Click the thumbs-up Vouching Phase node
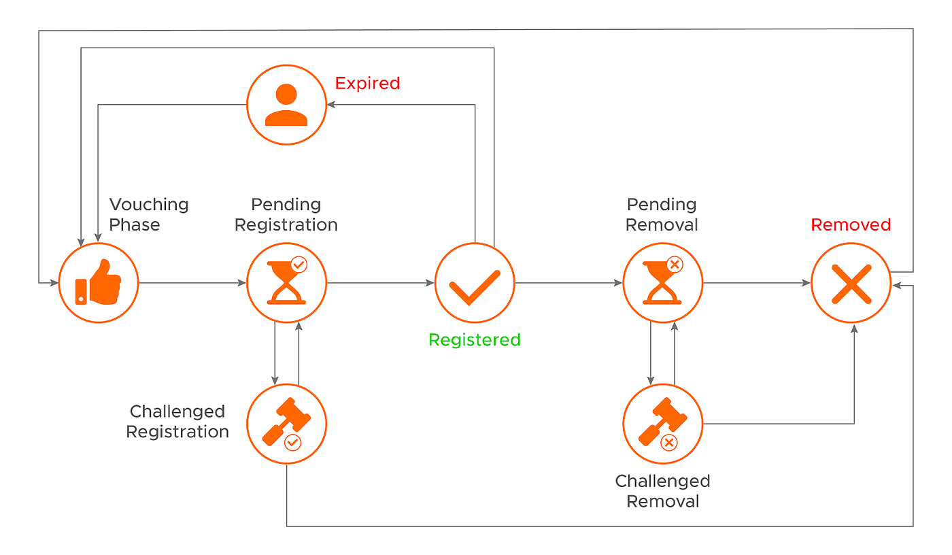(99, 282)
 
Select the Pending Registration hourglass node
(286, 282)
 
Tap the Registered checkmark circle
(475, 282)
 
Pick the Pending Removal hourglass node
(663, 282)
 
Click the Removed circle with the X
(851, 282)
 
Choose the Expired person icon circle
(286, 105)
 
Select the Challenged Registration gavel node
(286, 424)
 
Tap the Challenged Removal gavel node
(663, 424)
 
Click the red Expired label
(367, 84)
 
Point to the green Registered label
(475, 340)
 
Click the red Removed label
(851, 225)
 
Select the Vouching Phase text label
(149, 215)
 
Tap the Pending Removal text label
(662, 215)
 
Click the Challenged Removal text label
(662, 491)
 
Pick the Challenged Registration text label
(177, 422)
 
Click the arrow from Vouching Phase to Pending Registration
(192, 282)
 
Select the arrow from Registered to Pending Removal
(568, 282)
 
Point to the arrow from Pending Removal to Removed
(756, 282)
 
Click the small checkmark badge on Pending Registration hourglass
(299, 265)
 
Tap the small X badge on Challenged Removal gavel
(669, 443)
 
